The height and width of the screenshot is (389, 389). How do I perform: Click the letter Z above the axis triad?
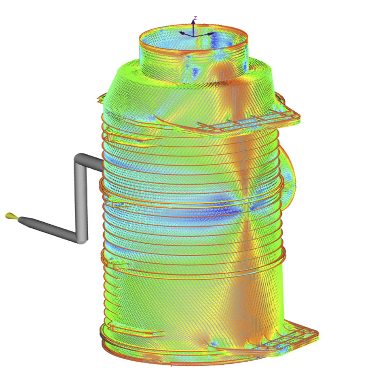pos(195,18)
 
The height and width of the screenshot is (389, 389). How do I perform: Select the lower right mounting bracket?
pos(298,336)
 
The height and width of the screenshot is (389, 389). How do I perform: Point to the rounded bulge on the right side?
pos(289,182)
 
